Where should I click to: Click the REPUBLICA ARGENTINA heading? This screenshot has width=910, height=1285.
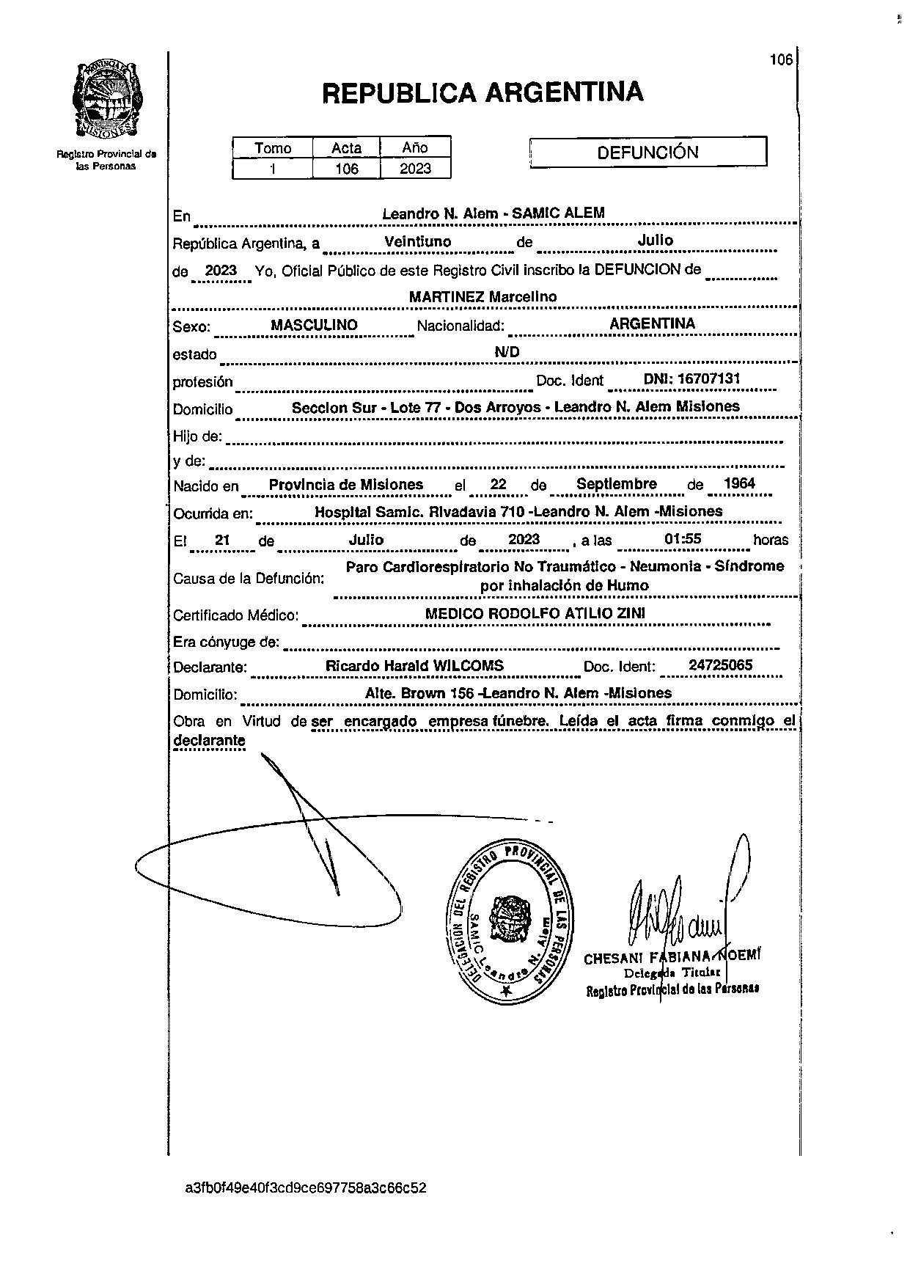482,93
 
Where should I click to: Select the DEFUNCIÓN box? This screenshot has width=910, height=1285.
647,153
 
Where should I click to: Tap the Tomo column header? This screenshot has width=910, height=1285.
273,148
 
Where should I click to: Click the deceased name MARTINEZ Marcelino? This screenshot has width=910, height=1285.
482,297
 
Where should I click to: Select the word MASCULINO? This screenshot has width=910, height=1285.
314,325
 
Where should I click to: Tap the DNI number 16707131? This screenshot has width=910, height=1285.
691,379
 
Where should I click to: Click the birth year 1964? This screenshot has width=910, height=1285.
738,483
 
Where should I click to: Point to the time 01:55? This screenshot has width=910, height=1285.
683,539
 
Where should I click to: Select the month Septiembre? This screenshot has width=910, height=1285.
616,484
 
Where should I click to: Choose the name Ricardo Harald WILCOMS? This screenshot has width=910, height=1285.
414,666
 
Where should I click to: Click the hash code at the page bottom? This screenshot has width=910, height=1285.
306,1187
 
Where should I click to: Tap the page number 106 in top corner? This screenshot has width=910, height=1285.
781,60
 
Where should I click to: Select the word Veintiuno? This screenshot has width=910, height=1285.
418,241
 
